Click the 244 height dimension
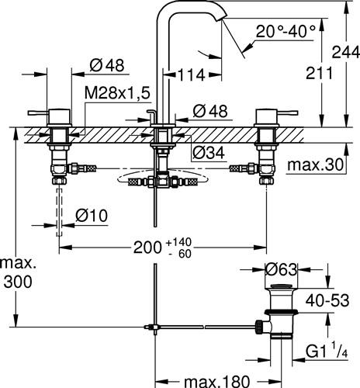(x=346, y=52)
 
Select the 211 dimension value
(x=319, y=73)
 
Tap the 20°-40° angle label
(x=286, y=31)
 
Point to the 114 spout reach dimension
(x=192, y=75)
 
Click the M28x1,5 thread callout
(x=117, y=93)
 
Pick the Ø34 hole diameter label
(x=209, y=153)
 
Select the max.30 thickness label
(x=315, y=165)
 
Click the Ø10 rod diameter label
(x=92, y=216)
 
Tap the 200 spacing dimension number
(x=147, y=248)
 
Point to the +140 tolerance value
(x=178, y=242)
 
